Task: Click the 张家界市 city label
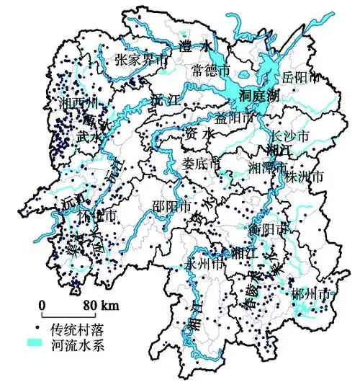click(x=141, y=61)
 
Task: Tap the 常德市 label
click(x=212, y=71)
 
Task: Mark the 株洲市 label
click(x=305, y=176)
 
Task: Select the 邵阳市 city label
click(x=172, y=204)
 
